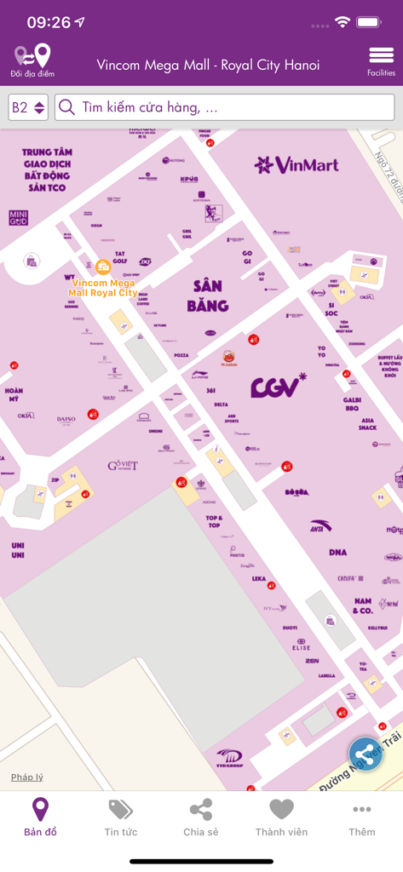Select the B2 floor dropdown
click(28, 108)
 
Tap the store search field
click(225, 108)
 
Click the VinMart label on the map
click(296, 164)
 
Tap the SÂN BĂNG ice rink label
click(209, 295)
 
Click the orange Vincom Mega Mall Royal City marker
click(103, 267)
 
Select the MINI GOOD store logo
click(18, 217)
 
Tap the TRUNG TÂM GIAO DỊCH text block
click(47, 169)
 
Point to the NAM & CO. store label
click(363, 605)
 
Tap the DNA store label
click(337, 553)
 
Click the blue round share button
click(366, 754)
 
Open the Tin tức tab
click(120, 817)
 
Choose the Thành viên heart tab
click(281, 817)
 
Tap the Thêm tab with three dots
click(361, 817)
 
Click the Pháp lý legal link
click(26, 777)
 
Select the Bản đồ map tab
click(40, 817)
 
